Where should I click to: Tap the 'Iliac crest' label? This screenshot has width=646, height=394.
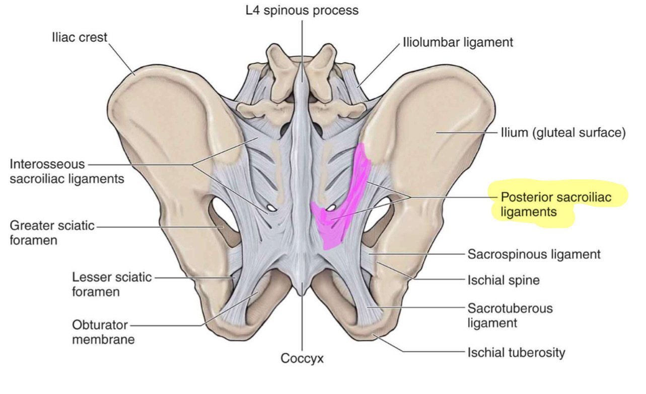(80, 38)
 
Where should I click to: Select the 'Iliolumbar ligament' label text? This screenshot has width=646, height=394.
(458, 42)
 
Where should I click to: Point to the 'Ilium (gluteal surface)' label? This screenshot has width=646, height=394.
(562, 133)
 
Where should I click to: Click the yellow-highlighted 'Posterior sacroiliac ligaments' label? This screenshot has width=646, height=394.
(555, 204)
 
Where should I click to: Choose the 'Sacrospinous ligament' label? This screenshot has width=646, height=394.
(534, 254)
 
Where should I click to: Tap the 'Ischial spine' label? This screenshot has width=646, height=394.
(504, 280)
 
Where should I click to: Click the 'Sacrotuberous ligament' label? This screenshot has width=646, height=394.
(510, 315)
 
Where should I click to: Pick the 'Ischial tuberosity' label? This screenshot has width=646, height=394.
(517, 352)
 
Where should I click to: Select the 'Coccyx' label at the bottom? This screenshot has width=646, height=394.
(302, 359)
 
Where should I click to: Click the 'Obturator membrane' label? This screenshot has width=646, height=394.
(103, 332)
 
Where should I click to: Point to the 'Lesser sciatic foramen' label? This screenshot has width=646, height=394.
(111, 284)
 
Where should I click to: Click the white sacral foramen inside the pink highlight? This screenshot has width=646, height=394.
(331, 207)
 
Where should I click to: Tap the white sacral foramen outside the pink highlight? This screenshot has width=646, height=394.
(271, 207)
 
